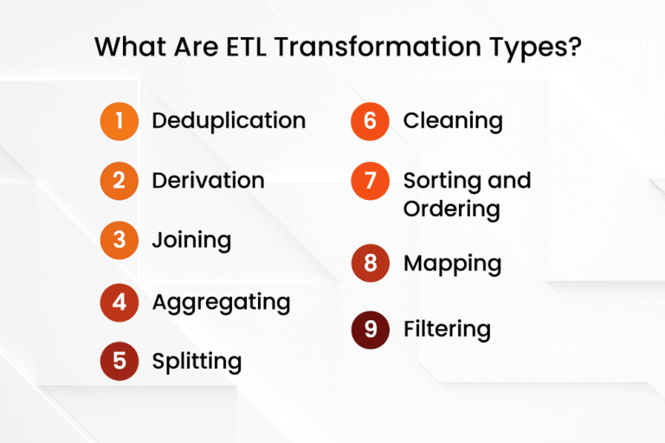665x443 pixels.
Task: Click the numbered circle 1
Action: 119,121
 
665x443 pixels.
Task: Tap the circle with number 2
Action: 119,181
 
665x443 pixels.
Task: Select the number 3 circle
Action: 119,241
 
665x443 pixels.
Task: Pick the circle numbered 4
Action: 119,302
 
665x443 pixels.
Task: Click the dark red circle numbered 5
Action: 119,361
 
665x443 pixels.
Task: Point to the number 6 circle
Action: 370,121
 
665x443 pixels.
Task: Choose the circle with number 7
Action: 370,181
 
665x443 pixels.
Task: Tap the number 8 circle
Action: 370,262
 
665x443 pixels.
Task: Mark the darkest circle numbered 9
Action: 370,329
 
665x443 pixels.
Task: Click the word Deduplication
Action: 229,120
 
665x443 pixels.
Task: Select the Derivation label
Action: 208,180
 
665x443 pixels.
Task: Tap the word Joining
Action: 191,240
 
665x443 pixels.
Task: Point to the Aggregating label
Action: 221,302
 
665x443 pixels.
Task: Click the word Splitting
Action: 197,361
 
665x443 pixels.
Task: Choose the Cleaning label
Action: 453,120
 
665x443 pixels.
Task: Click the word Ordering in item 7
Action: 451,209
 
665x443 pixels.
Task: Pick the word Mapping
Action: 452,262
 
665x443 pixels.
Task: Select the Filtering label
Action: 447,329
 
